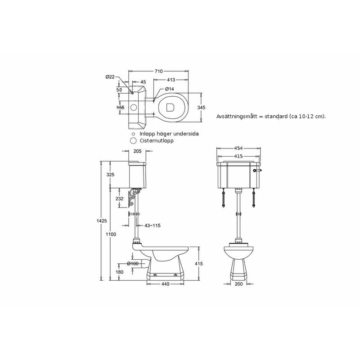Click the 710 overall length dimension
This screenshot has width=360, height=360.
click(x=159, y=71)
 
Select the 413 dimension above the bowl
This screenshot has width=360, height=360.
click(x=171, y=80)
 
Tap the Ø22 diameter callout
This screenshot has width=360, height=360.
click(x=110, y=77)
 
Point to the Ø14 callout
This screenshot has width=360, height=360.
click(x=170, y=89)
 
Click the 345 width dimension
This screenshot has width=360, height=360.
click(x=201, y=108)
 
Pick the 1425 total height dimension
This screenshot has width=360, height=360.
click(x=102, y=220)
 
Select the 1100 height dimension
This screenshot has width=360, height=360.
click(x=111, y=234)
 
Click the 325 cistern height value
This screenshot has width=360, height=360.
click(x=110, y=175)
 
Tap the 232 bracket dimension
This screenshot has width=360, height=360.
click(x=119, y=198)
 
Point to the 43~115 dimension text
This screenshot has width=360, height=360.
click(x=153, y=225)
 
